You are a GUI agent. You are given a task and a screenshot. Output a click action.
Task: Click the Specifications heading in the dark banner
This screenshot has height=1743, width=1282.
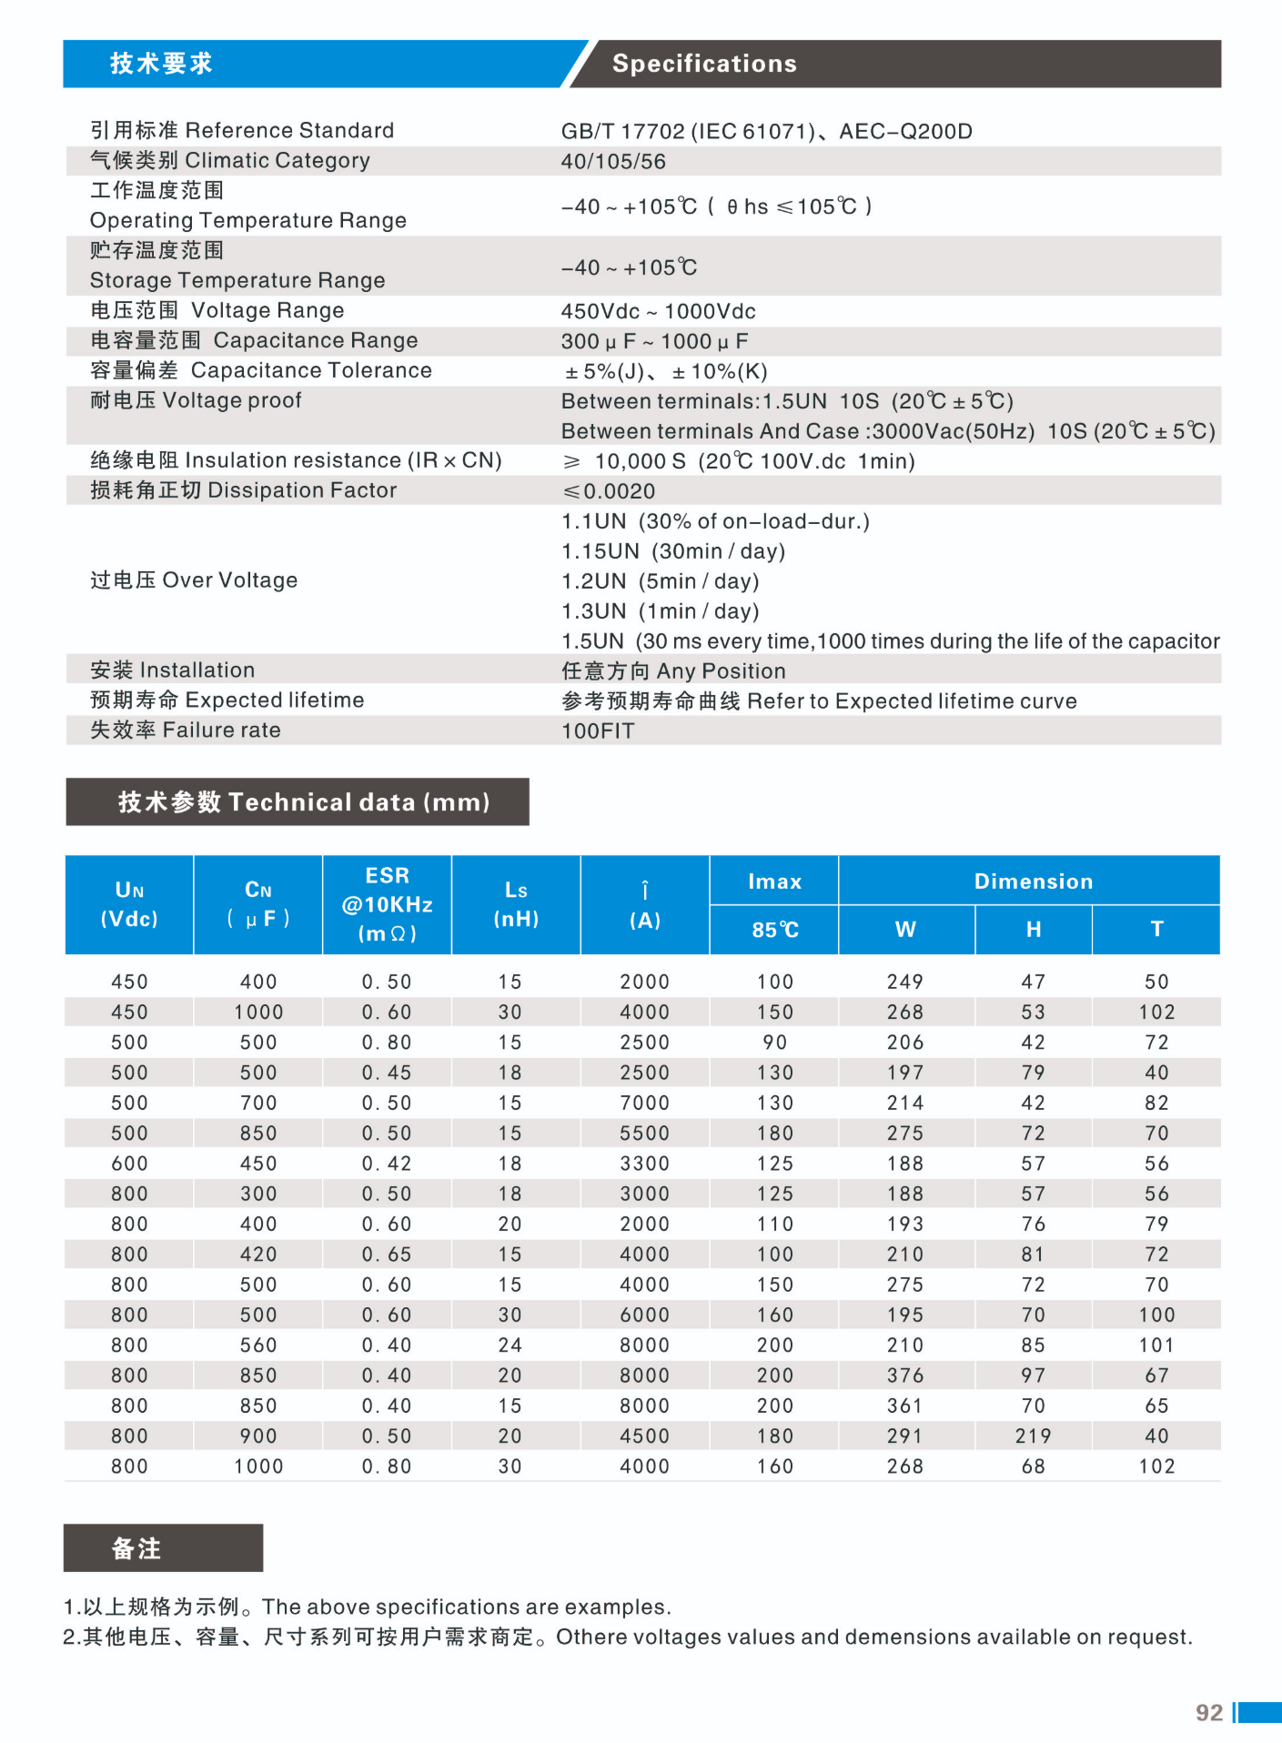704,64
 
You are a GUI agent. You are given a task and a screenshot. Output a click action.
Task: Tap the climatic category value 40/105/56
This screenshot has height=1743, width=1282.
613,162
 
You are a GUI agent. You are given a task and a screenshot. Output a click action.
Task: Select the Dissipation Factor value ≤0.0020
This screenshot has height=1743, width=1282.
609,491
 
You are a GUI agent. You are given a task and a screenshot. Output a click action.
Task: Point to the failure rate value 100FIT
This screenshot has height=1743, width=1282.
598,731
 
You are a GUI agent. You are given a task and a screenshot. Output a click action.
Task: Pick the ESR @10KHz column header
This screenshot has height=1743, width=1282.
387,904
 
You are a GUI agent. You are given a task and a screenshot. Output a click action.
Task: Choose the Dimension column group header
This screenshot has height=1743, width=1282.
1033,882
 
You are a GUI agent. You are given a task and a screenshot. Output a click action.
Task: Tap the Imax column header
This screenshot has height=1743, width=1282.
774,882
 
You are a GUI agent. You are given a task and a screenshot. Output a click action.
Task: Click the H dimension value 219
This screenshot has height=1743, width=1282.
1033,1436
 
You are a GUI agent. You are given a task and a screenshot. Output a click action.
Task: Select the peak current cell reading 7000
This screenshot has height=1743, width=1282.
644,1103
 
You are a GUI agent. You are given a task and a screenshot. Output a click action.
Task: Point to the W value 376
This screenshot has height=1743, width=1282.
904,1375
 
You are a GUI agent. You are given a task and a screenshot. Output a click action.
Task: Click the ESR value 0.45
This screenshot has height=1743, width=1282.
387,1073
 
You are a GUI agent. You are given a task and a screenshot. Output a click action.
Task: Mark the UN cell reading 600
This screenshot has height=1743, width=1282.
129,1164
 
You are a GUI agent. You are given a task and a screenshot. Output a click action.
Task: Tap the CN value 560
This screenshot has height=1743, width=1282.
258,1345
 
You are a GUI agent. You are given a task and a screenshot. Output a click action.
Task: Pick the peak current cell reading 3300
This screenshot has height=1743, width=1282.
644,1164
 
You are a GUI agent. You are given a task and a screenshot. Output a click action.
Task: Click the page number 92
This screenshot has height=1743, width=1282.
1208,1713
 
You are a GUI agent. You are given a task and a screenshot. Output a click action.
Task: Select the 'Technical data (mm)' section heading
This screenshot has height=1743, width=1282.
303,802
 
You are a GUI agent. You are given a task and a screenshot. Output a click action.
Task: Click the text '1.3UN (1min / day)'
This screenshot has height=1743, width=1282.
660,611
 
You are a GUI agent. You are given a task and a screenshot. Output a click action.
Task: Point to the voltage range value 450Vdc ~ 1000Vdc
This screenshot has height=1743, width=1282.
658,312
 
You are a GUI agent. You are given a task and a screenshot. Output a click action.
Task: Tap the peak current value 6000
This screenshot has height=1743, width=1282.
644,1315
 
